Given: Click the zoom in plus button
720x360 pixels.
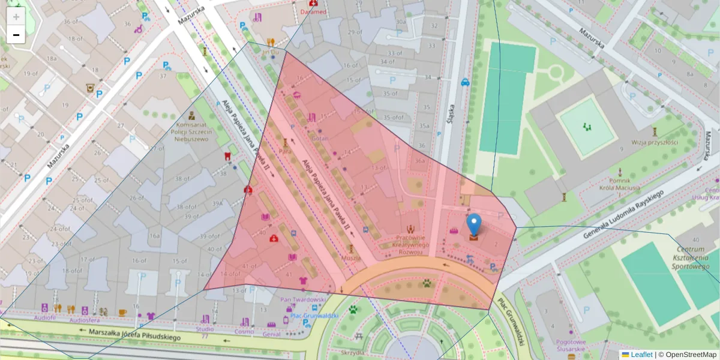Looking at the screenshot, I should tap(16, 16).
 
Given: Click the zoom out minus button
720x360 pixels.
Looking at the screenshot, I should tap(16, 35).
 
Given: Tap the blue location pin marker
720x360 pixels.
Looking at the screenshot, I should tap(474, 225).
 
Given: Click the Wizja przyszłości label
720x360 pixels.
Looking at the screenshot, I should tap(654, 142).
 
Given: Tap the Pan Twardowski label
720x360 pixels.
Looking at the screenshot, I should tap(303, 299).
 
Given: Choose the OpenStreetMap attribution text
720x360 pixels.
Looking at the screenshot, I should tap(690, 355).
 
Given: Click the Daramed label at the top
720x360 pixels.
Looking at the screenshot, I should tap(313, 12).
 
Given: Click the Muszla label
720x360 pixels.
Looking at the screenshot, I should tap(351, 258).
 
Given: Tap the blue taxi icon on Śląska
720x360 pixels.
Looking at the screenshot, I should tap(465, 82).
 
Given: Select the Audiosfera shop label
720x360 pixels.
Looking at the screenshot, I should tap(84, 320).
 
